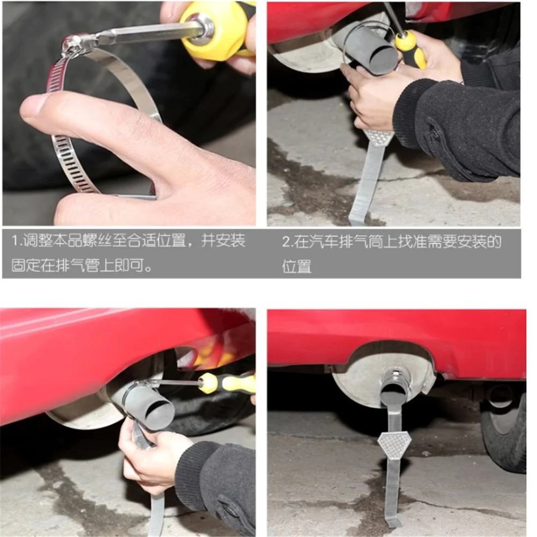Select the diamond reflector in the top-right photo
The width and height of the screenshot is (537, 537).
point(377,137)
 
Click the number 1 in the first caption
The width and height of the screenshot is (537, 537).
point(16,240)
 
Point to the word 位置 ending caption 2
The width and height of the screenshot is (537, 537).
point(296,266)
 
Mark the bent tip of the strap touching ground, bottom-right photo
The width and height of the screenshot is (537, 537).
point(394,523)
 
